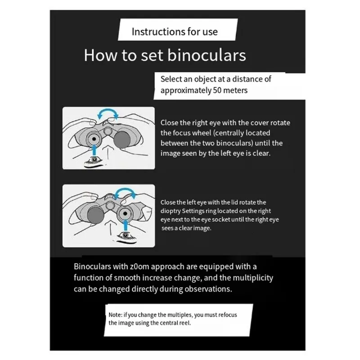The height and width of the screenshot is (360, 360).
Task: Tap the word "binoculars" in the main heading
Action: point(207,55)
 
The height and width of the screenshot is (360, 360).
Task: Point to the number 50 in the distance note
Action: point(217,90)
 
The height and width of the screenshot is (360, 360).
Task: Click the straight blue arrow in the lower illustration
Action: point(126,225)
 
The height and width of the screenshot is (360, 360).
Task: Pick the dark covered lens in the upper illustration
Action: point(122,139)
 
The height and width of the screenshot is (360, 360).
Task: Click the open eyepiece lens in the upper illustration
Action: point(94,139)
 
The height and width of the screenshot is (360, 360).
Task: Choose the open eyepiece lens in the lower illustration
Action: point(125,213)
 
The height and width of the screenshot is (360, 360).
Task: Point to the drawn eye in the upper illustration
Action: point(94,159)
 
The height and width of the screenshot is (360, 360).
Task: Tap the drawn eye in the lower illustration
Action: point(126,234)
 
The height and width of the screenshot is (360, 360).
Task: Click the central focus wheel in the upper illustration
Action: point(108,131)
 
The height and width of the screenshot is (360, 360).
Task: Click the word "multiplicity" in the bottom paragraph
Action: point(253,278)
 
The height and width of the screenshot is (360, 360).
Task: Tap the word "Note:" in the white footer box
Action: point(115,315)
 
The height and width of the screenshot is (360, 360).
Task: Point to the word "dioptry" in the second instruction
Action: point(171,211)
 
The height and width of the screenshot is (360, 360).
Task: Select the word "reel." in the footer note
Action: point(185,323)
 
